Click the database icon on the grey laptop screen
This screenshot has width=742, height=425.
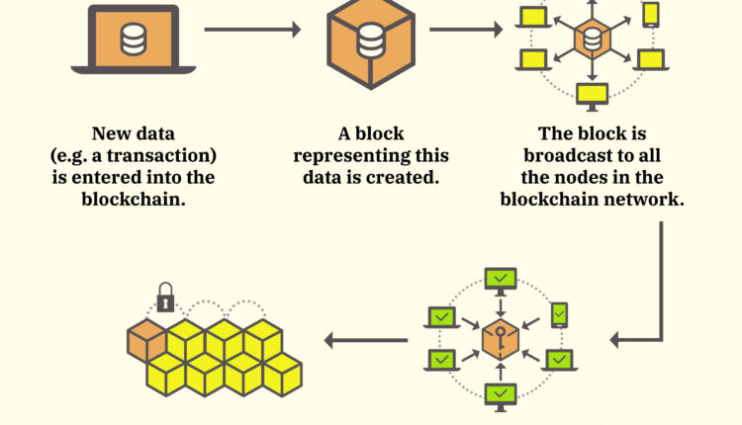tap(132, 39)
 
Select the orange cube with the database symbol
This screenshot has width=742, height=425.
tap(369, 42)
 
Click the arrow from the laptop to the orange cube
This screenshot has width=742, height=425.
tap(251, 30)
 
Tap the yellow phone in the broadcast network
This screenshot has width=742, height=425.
tap(650, 14)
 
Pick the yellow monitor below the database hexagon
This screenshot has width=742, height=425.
tap(592, 94)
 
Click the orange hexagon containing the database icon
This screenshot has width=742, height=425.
tap(592, 41)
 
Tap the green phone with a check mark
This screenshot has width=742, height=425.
tap(560, 313)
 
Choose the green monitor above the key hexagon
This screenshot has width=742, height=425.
tap(501, 279)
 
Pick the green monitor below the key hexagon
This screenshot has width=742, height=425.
tap(501, 395)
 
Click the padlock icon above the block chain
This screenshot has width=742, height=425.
tap(165, 296)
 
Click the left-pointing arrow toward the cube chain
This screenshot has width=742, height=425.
tap(365, 342)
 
